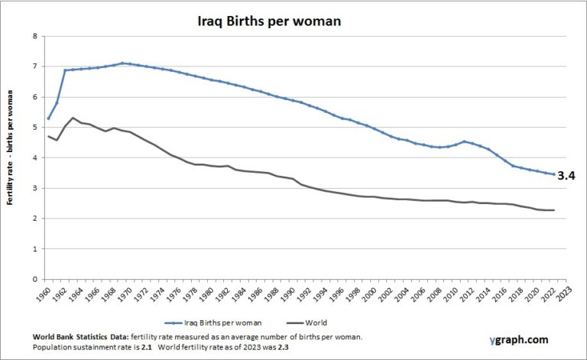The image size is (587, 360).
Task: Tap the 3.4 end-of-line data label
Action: [566, 176]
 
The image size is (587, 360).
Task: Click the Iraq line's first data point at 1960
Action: [49, 118]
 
